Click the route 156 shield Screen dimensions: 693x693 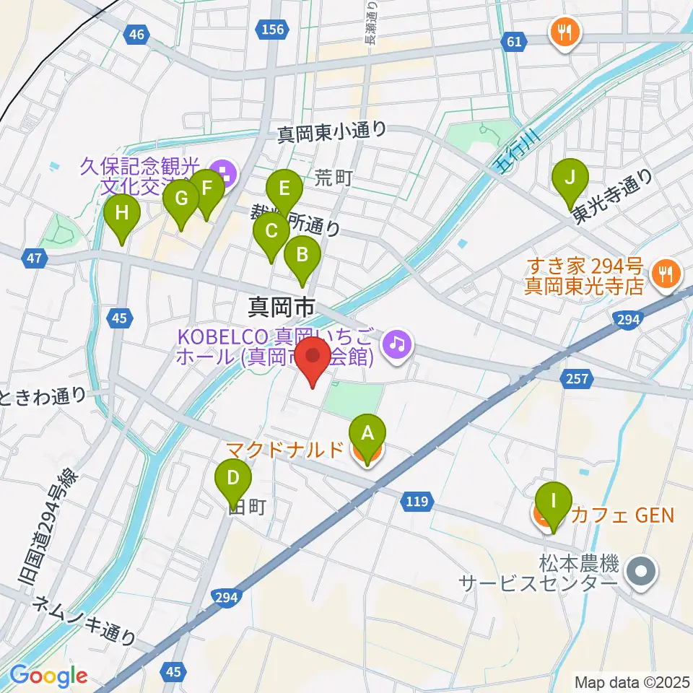274,29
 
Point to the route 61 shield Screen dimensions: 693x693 513,42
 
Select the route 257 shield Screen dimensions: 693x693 580,378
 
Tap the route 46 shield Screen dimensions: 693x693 138,33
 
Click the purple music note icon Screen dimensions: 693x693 396,342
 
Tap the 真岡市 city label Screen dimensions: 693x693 281,308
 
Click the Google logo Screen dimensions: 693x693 48,676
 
